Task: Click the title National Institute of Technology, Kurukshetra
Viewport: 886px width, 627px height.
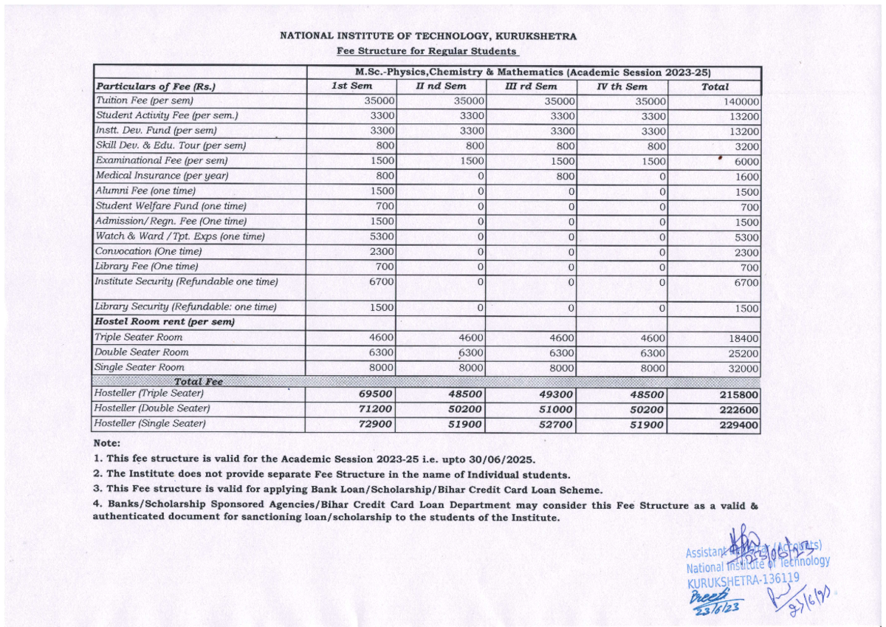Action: tap(428, 36)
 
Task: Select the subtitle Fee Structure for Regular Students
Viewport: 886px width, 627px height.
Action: tap(427, 51)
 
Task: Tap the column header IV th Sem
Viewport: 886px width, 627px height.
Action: tap(622, 86)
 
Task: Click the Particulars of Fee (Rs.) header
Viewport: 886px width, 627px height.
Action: tap(156, 86)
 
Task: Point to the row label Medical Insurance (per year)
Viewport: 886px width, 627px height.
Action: tap(162, 176)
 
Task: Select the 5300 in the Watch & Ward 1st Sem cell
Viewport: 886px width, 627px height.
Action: tap(382, 237)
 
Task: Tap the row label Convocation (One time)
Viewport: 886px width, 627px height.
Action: tap(148, 252)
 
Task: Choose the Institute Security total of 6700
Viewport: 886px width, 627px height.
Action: tap(746, 283)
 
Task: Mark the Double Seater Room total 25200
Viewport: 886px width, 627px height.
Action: tap(743, 353)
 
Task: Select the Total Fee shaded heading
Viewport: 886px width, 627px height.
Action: tap(198, 382)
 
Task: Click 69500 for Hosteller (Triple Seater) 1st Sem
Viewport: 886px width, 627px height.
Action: tap(375, 395)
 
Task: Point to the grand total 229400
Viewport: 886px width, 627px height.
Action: tap(738, 425)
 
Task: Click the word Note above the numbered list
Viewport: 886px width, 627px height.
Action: tap(107, 443)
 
